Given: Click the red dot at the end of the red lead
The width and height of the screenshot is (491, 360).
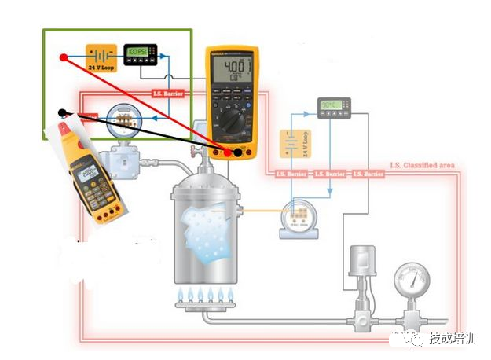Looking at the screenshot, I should point(64,57).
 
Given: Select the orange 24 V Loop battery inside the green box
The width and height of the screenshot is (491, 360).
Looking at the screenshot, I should point(101,57).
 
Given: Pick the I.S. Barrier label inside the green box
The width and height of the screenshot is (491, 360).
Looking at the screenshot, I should point(167,94).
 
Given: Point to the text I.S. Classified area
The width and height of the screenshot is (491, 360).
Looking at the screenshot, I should point(423,166).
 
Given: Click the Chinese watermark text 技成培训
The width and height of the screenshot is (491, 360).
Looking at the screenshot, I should point(452,340).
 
